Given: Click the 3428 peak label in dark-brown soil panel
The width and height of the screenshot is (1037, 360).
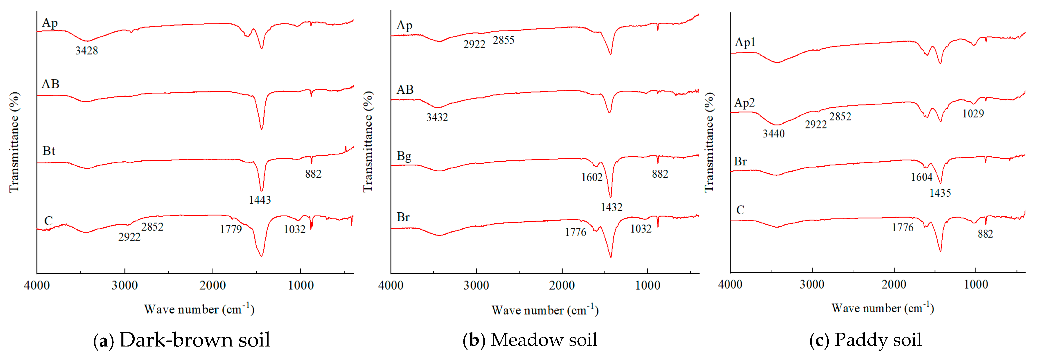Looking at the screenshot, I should pos(86,51).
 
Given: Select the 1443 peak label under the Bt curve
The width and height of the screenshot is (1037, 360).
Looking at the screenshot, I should pos(260,200).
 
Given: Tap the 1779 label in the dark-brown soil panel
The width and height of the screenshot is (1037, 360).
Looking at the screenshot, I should pos(231,230).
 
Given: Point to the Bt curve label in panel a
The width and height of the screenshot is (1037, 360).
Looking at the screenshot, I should pos(49,151).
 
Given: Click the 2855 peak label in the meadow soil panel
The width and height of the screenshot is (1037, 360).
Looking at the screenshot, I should pos(504,40).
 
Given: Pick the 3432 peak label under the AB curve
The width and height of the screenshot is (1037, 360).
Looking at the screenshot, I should pos(437,118).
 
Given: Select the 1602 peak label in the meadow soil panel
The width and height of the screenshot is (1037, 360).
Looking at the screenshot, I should pos(592,178).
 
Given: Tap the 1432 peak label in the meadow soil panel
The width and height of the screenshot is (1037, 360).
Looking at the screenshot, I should pos(612,207).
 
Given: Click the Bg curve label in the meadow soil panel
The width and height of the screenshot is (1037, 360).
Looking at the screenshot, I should pos(404,156).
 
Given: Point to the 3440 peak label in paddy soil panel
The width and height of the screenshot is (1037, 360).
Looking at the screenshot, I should pos(774,134).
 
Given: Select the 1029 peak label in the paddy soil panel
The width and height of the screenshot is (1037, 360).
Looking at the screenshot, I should pos(973,114).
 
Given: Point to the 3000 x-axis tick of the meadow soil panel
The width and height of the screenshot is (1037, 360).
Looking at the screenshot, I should pos(476,286).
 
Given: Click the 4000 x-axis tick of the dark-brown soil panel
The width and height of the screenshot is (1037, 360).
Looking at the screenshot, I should pos(37,286).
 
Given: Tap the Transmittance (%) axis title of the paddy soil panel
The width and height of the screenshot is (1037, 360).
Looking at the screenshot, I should pos(709,142).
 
